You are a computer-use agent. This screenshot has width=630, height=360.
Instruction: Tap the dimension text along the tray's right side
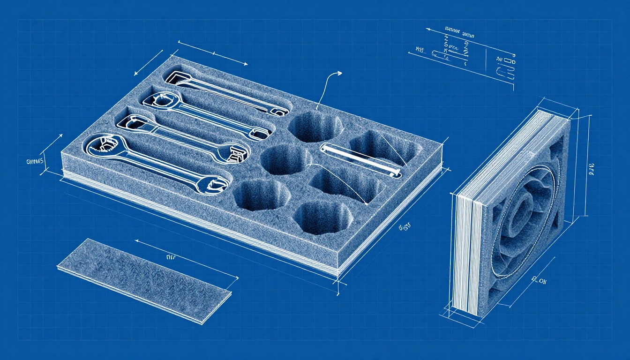(x=404, y=227)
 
